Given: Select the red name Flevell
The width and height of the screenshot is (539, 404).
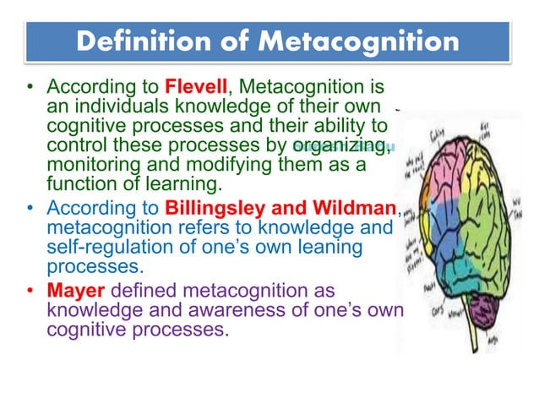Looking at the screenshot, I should pos(193,88).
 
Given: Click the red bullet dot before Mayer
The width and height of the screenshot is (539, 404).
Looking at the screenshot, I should pos(30,291).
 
